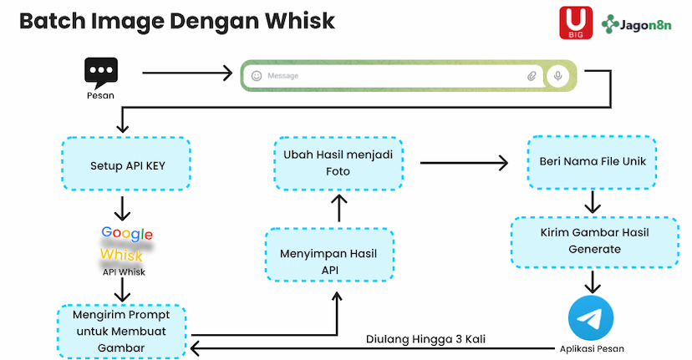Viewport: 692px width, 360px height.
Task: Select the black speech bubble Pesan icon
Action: click(100, 72)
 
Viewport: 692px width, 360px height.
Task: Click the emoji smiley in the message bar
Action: click(257, 76)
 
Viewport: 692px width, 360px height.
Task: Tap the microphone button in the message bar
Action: click(557, 76)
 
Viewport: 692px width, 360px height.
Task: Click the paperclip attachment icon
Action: click(532, 76)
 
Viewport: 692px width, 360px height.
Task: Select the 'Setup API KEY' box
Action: click(127, 165)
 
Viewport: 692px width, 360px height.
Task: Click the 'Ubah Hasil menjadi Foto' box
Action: click(339, 163)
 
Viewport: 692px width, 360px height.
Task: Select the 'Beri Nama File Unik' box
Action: click(591, 163)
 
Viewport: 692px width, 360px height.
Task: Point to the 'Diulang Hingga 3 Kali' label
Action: click(425, 340)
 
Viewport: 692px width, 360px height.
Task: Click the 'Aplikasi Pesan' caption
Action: click(591, 348)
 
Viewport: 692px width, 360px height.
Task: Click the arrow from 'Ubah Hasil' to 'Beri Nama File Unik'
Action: click(463, 163)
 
